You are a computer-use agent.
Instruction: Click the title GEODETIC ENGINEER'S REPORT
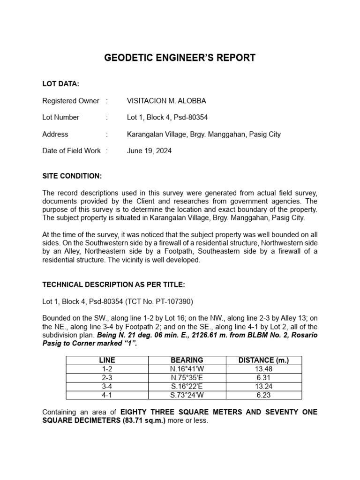(x=180, y=58)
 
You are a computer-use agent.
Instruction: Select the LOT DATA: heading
(x=60, y=84)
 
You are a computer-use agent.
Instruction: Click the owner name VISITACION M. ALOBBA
(x=166, y=101)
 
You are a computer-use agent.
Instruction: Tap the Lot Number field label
(x=61, y=118)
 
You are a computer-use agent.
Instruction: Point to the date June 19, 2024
(x=149, y=151)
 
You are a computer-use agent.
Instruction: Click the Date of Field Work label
(x=71, y=151)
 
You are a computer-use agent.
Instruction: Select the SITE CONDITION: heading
(x=72, y=176)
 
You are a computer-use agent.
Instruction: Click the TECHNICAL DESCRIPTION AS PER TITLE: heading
(x=114, y=285)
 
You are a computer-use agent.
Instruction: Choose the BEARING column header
(x=187, y=360)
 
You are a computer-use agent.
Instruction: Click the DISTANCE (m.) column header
(x=263, y=360)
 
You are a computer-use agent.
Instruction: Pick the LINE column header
(x=107, y=360)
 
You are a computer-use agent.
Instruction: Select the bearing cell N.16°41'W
(x=187, y=369)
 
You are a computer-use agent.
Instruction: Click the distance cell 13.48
(x=263, y=369)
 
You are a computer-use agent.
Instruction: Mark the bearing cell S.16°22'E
(x=187, y=387)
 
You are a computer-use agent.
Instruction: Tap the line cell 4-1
(x=107, y=395)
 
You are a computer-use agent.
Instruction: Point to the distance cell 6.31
(x=263, y=378)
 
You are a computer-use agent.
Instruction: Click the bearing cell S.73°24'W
(x=187, y=395)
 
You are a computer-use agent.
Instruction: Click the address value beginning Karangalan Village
(x=204, y=135)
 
